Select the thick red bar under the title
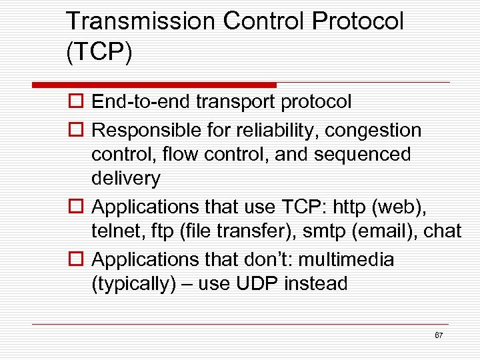point(155,85)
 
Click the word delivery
point(126,179)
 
